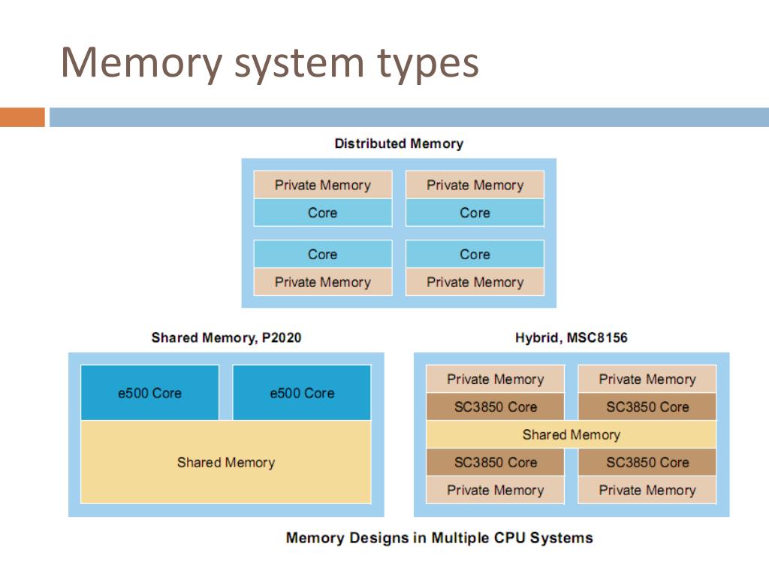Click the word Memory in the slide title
pos(141,64)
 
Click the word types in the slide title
pos(427,64)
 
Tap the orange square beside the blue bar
pos(23,117)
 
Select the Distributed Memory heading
pos(399,143)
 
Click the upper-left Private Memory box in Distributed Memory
pos(323,185)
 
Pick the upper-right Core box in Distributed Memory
pos(475,213)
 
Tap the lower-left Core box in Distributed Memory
pos(323,254)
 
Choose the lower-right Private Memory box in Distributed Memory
pos(475,282)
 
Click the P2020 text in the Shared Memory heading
pos(282,337)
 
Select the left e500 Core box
pos(149,392)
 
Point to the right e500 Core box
pos(302,392)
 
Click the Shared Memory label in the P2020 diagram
pos(226,462)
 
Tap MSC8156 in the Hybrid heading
pos(597,337)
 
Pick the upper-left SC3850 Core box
pos(496,406)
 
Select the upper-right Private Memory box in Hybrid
pos(647,379)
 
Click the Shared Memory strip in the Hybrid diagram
pos(571,434)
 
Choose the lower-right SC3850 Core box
pos(647,462)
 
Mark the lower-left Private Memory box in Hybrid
pos(496,490)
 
